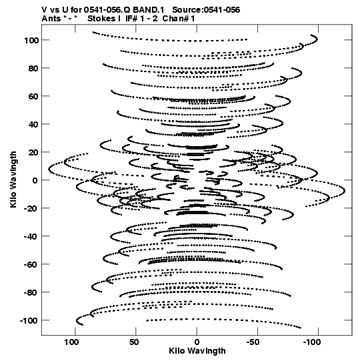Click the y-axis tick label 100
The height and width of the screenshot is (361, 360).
tap(31, 40)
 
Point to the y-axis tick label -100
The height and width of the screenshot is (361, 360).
tap(29, 320)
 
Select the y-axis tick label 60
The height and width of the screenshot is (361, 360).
tap(33, 96)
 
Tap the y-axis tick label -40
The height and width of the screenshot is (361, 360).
tap(31, 236)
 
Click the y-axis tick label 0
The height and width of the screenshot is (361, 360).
tap(35, 180)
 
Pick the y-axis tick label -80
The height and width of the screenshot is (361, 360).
tap(31, 293)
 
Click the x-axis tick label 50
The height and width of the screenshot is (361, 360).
tap(134, 342)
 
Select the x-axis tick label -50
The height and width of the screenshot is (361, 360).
tap(253, 342)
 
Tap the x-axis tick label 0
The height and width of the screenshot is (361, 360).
tap(197, 342)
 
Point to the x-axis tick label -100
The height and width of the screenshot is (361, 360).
tap(312, 342)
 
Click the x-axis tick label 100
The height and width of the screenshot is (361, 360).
tap(71, 342)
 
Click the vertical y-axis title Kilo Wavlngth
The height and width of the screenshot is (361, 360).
tap(13, 179)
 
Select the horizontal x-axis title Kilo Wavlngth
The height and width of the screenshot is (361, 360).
tap(197, 351)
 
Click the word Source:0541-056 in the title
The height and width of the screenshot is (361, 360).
tap(206, 10)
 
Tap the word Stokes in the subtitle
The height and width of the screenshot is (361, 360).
tap(104, 19)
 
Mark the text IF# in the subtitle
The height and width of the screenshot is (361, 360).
tap(131, 19)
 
